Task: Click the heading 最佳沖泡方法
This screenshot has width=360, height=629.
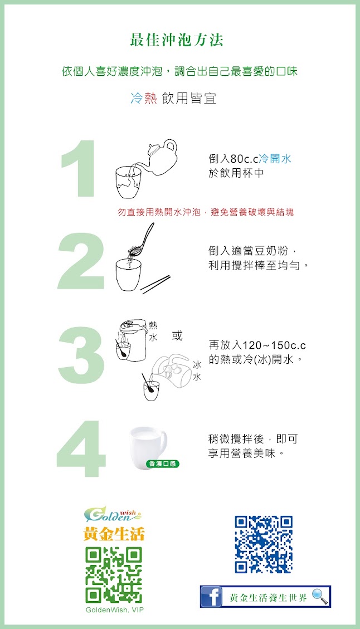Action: pyautogui.click(x=177, y=40)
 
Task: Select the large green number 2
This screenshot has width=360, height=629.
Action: pyautogui.click(x=81, y=261)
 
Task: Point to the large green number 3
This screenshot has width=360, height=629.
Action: pyautogui.click(x=81, y=355)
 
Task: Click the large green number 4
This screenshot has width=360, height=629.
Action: pyautogui.click(x=81, y=449)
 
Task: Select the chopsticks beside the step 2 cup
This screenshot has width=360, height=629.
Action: pyautogui.click(x=155, y=284)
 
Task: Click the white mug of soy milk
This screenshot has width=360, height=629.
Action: pyautogui.click(x=148, y=445)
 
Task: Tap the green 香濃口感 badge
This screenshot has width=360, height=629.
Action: pyautogui.click(x=162, y=464)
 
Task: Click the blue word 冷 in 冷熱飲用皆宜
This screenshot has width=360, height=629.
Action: pyautogui.click(x=137, y=98)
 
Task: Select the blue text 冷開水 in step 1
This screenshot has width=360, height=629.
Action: pyautogui.click(x=275, y=159)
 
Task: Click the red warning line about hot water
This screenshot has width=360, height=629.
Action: pyautogui.click(x=206, y=212)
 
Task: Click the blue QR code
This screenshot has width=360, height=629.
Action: pyautogui.click(x=264, y=544)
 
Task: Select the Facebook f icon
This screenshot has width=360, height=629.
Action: pyautogui.click(x=211, y=597)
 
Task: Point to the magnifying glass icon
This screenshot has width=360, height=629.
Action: pyautogui.click(x=320, y=596)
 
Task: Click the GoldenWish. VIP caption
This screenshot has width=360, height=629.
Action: pyautogui.click(x=114, y=610)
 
